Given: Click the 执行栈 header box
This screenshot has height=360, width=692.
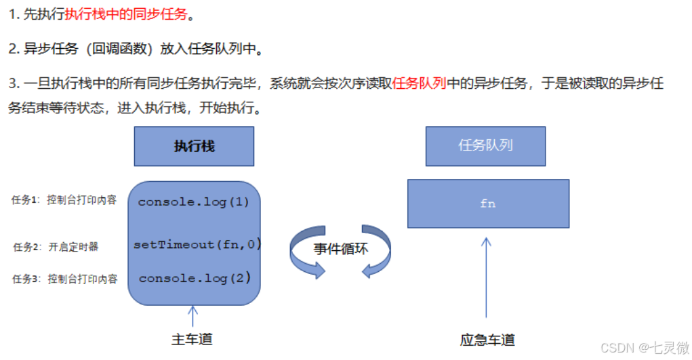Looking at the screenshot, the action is (x=194, y=146).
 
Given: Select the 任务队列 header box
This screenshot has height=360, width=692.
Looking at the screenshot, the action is (x=485, y=146).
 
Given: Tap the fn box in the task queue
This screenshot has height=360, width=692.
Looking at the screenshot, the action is (x=488, y=203).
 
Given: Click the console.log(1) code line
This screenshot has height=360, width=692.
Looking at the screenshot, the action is (x=194, y=202).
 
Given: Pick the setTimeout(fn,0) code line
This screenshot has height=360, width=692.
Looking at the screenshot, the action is (x=197, y=245).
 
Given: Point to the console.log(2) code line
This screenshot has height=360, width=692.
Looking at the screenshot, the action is (x=195, y=278).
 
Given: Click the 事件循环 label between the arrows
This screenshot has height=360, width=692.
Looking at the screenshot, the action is (x=341, y=249).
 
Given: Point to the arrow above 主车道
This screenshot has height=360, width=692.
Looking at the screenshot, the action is (x=192, y=316).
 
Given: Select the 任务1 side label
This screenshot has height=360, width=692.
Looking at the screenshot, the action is (x=64, y=200).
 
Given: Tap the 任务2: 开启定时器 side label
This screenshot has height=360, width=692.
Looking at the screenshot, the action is (x=56, y=247).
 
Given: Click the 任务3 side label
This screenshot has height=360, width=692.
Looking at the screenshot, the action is (x=64, y=279).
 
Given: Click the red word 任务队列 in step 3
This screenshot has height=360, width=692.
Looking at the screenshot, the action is (x=418, y=84).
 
